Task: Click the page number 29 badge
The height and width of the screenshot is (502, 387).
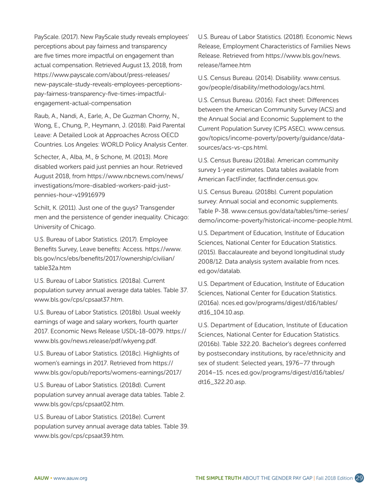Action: [x=359, y=478]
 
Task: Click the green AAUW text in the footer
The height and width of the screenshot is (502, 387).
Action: [x=41, y=478]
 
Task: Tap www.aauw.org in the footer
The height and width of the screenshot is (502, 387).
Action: [x=73, y=478]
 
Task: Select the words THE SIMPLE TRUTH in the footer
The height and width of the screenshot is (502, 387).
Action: [x=218, y=478]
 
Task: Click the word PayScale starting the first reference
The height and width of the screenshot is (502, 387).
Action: [x=46, y=37]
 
